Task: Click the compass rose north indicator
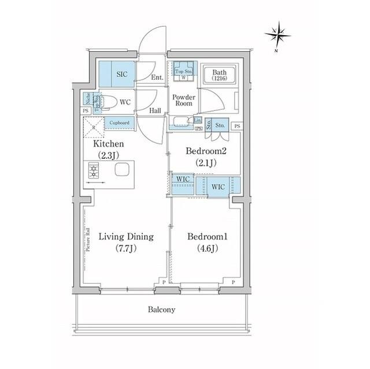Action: click(x=277, y=35)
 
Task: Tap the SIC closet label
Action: click(x=122, y=74)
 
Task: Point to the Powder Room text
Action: click(x=183, y=100)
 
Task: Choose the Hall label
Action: click(x=155, y=110)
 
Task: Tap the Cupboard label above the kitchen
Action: click(x=119, y=122)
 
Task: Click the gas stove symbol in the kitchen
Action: click(x=94, y=171)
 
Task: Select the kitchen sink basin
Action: click(x=123, y=170)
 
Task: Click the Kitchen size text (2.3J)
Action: click(x=108, y=154)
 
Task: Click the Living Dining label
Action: click(x=125, y=236)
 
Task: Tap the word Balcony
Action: click(x=160, y=310)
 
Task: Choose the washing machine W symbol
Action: click(x=183, y=77)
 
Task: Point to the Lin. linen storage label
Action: click(x=197, y=120)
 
